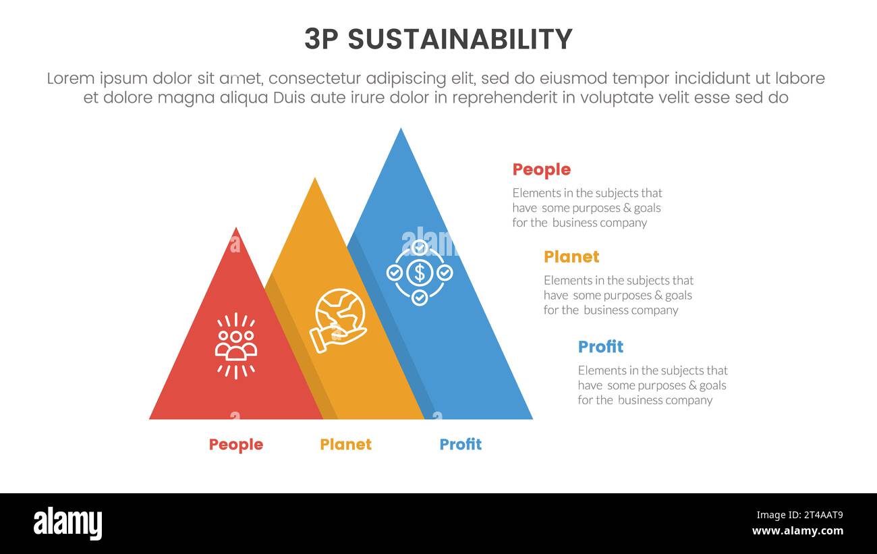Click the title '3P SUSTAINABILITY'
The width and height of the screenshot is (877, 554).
[438, 39]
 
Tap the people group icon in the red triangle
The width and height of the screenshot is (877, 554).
[235, 345]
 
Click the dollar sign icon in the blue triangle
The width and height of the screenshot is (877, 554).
[420, 273]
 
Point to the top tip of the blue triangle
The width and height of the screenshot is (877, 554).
[401, 130]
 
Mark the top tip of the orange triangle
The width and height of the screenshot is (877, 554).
[314, 179]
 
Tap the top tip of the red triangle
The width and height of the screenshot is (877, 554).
[236, 229]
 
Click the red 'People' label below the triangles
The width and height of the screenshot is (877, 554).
[235, 445]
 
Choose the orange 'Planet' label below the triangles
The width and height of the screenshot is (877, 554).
[345, 445]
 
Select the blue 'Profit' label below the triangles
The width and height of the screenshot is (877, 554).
[460, 445]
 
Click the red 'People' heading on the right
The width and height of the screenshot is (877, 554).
[541, 170]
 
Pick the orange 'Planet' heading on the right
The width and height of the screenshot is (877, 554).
[571, 257]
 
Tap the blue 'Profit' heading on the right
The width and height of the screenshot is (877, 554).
[600, 347]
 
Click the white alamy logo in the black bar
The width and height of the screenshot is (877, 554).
[68, 524]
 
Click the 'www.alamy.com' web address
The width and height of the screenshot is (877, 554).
[797, 531]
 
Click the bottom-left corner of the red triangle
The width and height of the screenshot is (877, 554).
[150, 418]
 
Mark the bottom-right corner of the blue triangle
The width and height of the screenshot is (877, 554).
[532, 418]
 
